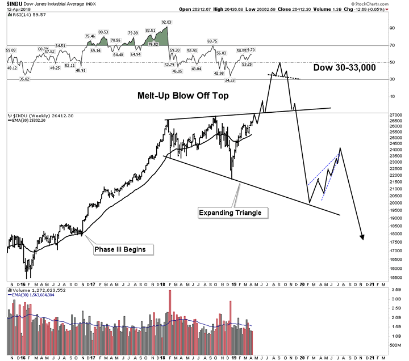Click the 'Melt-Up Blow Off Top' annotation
pos(183,96)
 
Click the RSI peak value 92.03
pos(166,22)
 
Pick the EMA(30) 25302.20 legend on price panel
pos(28,121)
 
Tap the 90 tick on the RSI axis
pos(391,27)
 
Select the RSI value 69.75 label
pos(212,41)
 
